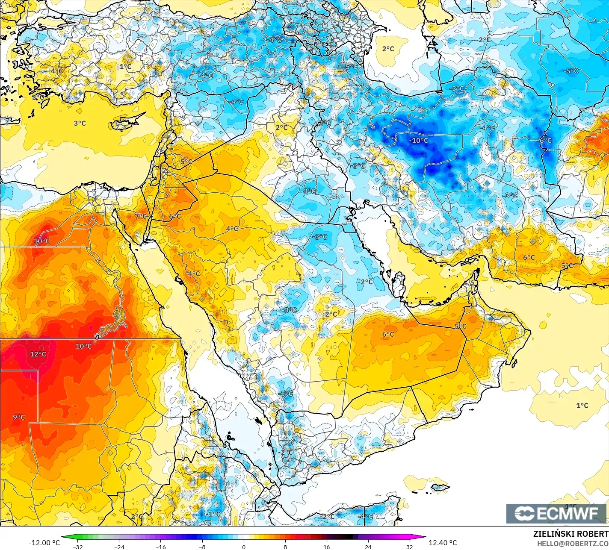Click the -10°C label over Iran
418,140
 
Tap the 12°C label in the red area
38,354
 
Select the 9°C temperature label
18,417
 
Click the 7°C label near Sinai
141,216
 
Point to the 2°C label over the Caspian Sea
388,49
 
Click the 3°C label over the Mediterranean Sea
80,123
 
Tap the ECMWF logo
556,513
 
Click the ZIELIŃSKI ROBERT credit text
571,534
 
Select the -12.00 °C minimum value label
44,543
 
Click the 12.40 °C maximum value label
443,543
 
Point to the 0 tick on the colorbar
243,547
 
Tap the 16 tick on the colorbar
326,547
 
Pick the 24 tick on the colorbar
368,547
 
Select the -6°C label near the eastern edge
545,140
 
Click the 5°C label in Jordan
186,162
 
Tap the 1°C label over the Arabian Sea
582,405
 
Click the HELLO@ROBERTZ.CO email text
573,543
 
